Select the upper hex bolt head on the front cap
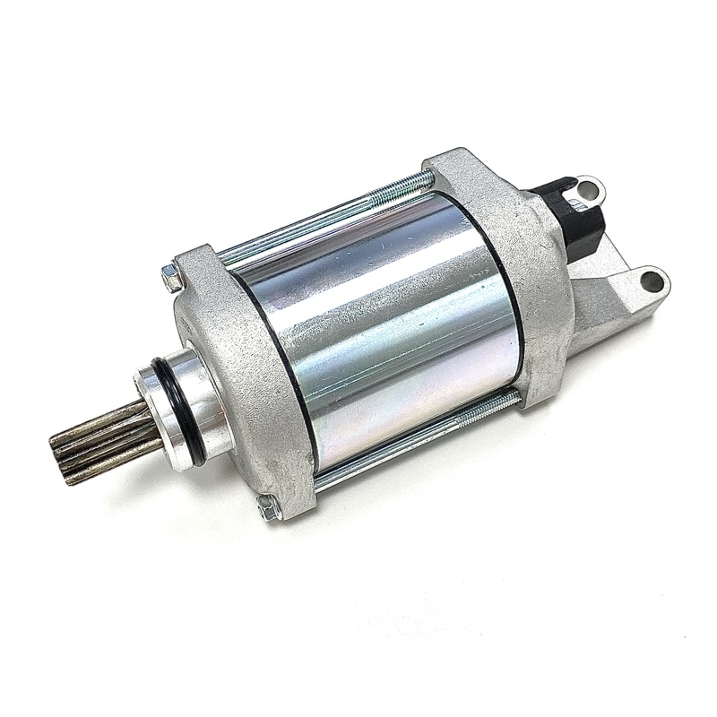pyautogui.click(x=171, y=278)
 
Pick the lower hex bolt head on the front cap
pyautogui.click(x=268, y=507)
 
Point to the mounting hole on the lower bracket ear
pyautogui.click(x=652, y=282)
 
